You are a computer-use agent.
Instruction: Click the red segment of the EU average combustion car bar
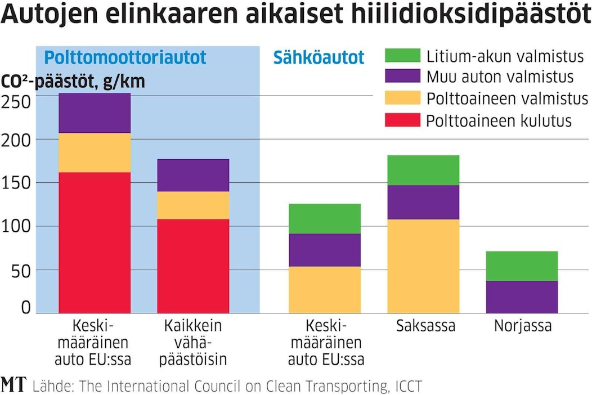point(95,242)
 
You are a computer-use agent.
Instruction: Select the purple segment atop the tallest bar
point(95,113)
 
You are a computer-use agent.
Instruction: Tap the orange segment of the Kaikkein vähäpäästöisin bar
point(193,205)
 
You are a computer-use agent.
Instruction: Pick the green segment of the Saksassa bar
point(423,170)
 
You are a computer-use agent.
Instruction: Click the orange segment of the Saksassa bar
point(423,266)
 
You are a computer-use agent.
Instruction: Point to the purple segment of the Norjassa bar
point(522,297)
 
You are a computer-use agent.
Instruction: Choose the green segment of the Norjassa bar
point(522,266)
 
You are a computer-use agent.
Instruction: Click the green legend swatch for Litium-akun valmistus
point(402,56)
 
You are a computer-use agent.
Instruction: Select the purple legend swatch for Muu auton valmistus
point(402,77)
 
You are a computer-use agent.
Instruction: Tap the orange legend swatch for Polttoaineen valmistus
point(402,98)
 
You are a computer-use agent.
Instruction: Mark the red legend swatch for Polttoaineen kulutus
point(402,120)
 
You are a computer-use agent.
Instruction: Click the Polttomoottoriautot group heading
point(125,57)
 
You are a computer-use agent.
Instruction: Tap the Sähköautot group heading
point(319,57)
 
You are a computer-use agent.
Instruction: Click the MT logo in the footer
point(14,385)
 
